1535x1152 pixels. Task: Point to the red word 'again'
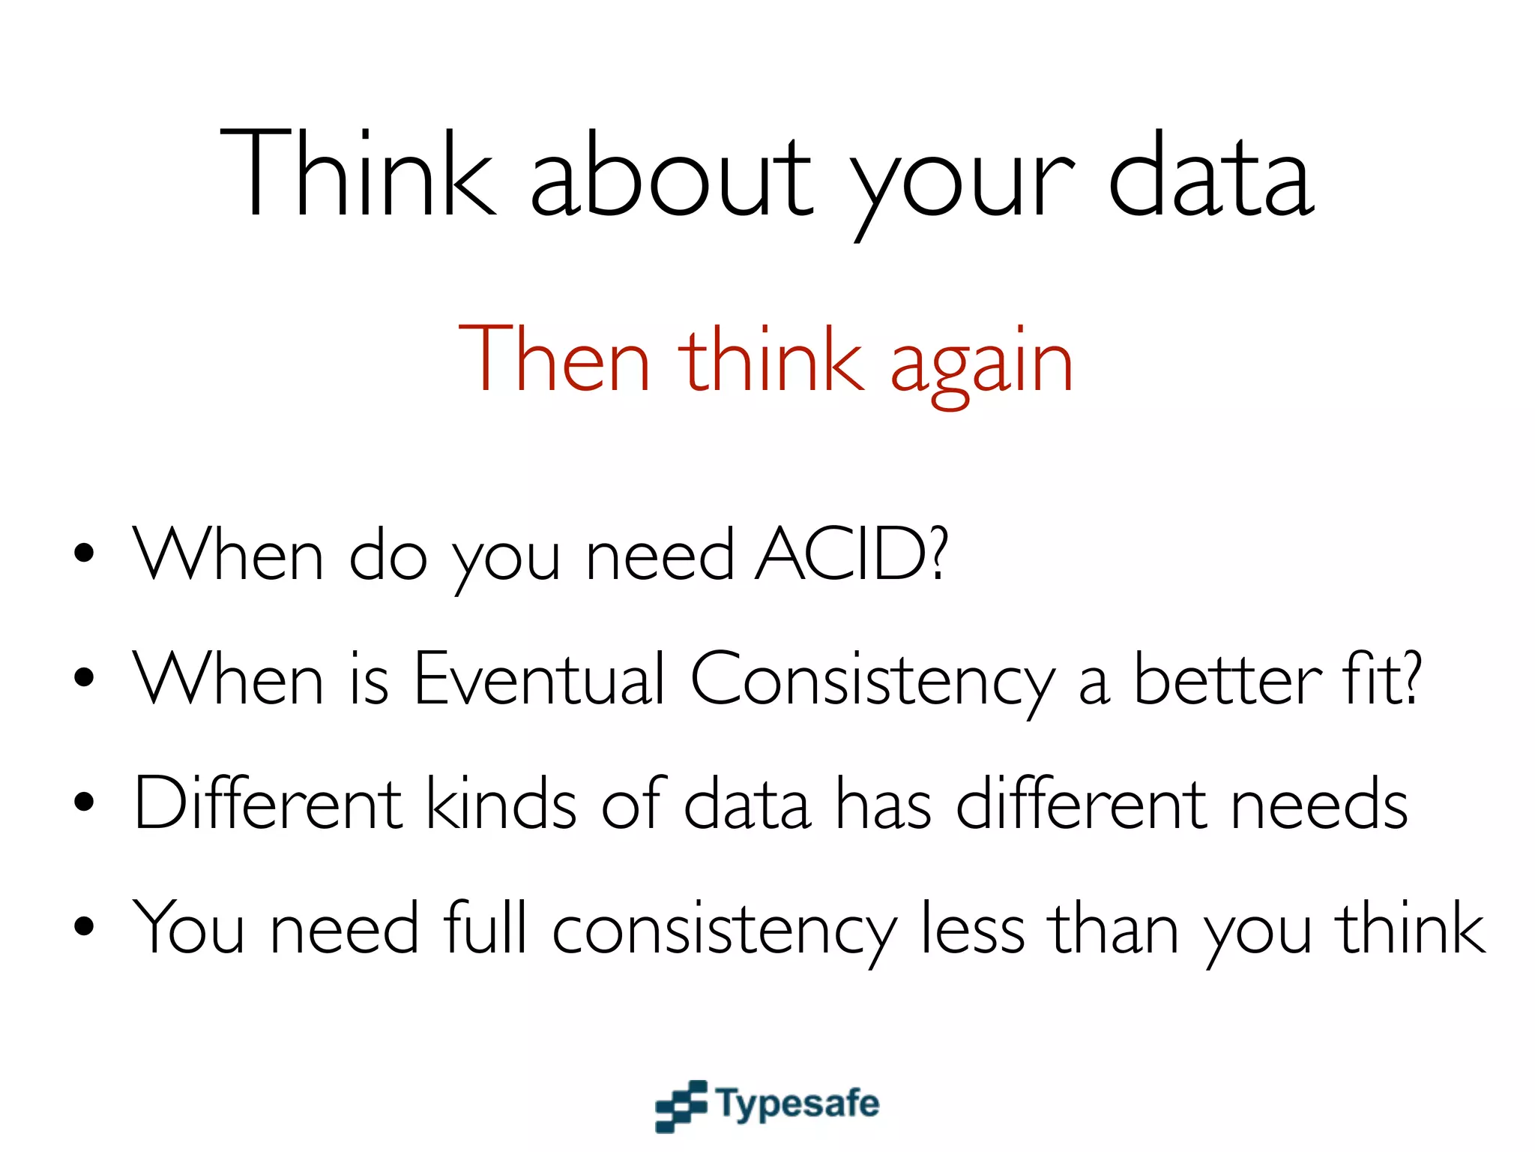tap(982, 364)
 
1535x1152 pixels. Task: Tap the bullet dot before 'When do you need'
tap(85, 553)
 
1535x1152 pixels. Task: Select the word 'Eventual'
tap(538, 678)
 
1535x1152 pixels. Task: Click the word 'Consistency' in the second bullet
tap(871, 679)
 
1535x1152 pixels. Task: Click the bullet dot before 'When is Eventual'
tap(85, 677)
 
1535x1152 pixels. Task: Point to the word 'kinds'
tap(501, 803)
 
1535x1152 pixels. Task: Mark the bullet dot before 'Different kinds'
tap(85, 802)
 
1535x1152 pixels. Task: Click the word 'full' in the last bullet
tap(485, 927)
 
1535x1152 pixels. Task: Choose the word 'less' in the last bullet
tap(972, 928)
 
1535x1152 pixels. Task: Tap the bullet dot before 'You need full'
tap(85, 926)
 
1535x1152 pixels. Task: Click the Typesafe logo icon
tap(681, 1105)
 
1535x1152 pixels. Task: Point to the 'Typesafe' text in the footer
tap(797, 1105)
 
